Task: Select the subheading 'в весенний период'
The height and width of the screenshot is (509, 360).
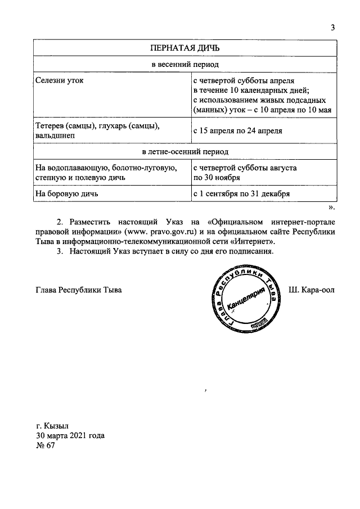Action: coord(184,65)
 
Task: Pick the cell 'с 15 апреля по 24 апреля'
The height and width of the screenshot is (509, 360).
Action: coord(237,130)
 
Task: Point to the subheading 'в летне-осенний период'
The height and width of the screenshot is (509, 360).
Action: coord(184,152)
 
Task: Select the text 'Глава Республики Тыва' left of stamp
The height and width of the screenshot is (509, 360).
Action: coord(78,290)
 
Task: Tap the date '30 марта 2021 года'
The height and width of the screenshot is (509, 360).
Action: coord(70,435)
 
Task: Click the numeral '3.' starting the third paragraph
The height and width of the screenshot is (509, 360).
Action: coord(61,251)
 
